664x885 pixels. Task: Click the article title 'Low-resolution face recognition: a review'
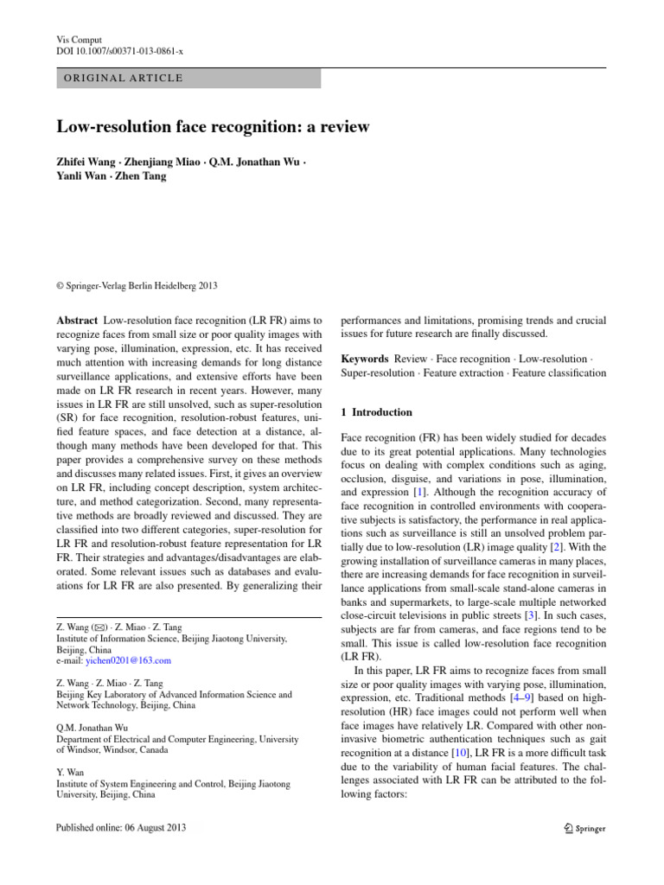[x=213, y=127]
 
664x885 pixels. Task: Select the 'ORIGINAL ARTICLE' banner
[x=120, y=78]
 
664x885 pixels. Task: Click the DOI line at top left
[x=120, y=51]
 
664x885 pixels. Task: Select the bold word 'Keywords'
[x=365, y=358]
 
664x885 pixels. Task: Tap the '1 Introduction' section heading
[x=377, y=412]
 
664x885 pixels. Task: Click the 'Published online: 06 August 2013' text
[x=120, y=827]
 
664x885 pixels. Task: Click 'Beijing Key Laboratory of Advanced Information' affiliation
[x=174, y=694]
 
